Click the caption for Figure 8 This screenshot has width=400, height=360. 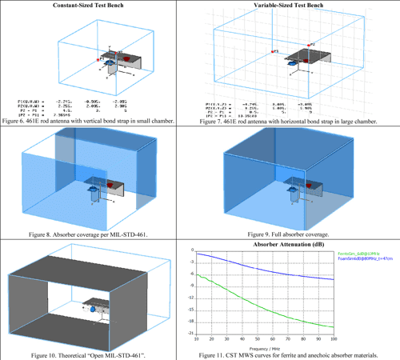pyautogui.click(x=100, y=236)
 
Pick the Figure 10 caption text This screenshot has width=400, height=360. pyautogui.click(x=100, y=354)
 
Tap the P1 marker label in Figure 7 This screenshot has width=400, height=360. pyautogui.click(x=274, y=51)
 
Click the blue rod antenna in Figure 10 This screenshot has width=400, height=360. pyautogui.click(x=93, y=308)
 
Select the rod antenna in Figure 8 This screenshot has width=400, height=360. pyautogui.click(x=98, y=193)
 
